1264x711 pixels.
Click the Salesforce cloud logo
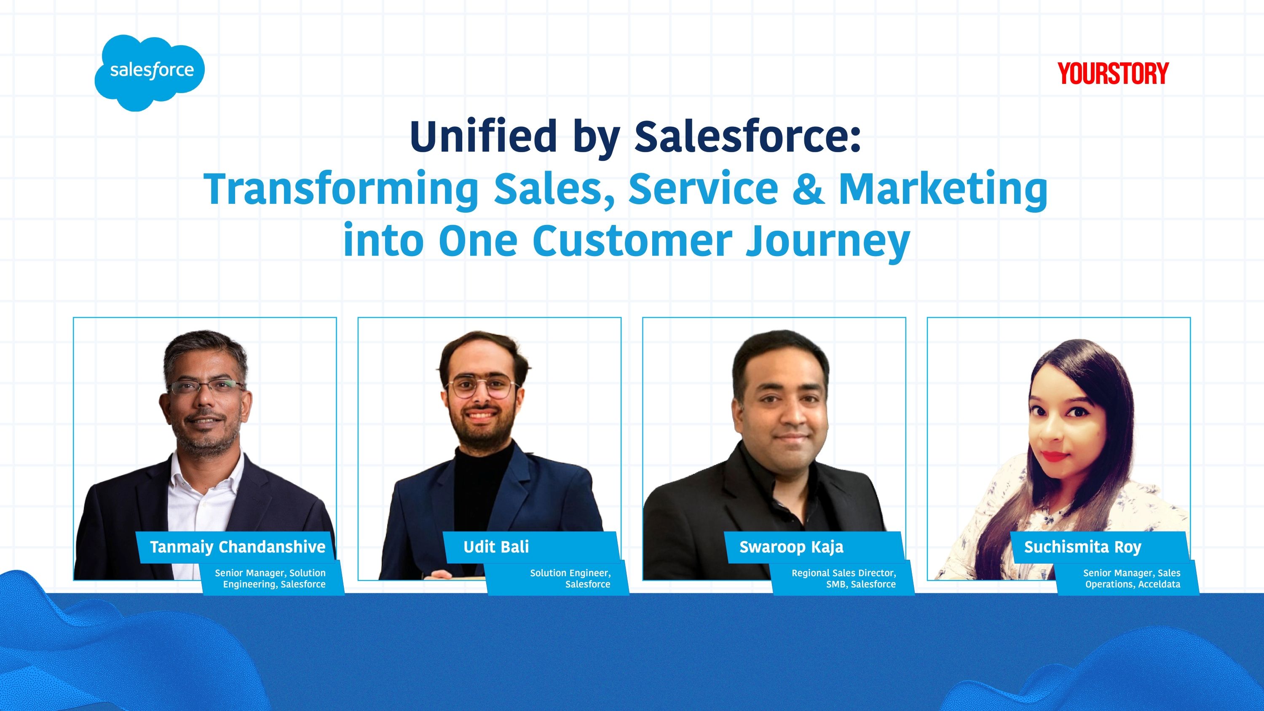click(x=150, y=72)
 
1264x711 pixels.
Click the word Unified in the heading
click(x=483, y=136)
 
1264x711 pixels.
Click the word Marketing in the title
click(x=943, y=190)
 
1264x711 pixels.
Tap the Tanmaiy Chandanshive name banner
click(x=238, y=547)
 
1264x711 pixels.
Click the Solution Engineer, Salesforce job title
click(x=570, y=578)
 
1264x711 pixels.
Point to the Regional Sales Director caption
click(x=844, y=578)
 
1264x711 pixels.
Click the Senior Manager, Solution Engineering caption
click(x=270, y=578)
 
